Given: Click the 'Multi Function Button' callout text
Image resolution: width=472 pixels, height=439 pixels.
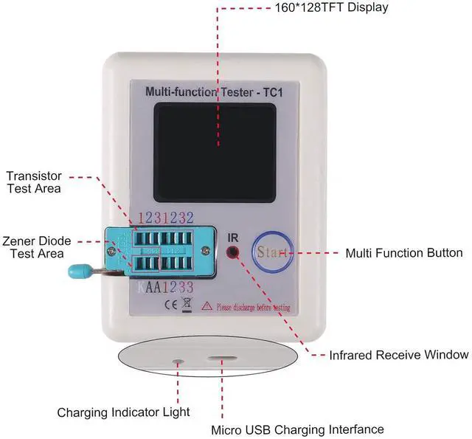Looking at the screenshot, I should tap(404, 253).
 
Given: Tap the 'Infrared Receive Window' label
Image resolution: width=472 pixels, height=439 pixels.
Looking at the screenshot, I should tap(398, 355).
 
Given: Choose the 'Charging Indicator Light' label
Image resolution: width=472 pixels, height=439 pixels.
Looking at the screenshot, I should tap(124, 412).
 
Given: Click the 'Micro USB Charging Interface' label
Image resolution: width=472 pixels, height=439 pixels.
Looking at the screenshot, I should tap(297, 429).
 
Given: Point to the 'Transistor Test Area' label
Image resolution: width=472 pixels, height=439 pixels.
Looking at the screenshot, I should tap(34, 182).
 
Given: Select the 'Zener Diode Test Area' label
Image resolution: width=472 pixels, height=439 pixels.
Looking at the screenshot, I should tap(37, 247).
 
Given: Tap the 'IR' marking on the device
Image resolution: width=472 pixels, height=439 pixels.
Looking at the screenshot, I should tap(233, 237).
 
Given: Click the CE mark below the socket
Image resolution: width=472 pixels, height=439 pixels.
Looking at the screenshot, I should tap(170, 304).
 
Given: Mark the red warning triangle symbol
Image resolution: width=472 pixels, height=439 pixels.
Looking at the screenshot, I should tap(207, 305).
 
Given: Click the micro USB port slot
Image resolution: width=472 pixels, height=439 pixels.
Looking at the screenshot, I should tap(220, 362).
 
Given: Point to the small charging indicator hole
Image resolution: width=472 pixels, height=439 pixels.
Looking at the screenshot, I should tap(178, 362).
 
